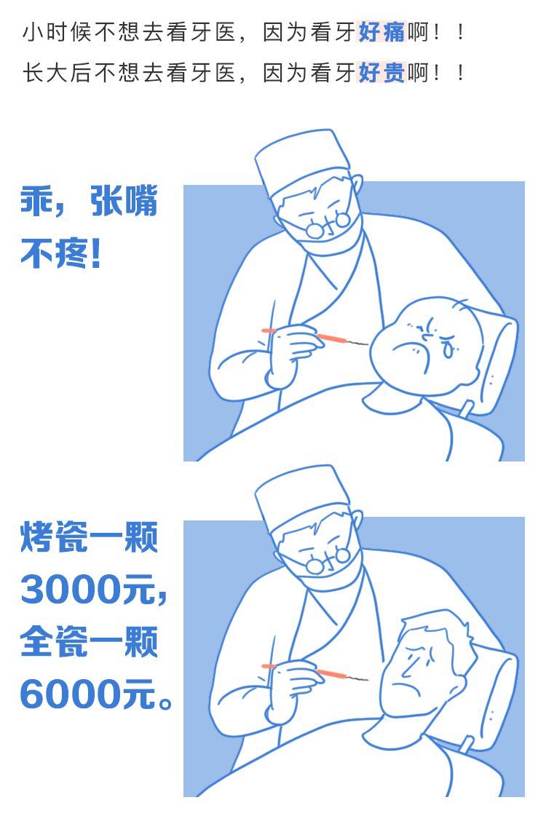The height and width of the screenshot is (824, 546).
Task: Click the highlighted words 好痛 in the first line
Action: [x=381, y=32]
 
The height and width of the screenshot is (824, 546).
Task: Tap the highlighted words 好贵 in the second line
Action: [x=381, y=72]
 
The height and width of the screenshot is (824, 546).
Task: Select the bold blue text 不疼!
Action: [x=60, y=253]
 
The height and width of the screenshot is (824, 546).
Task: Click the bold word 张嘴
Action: [x=124, y=201]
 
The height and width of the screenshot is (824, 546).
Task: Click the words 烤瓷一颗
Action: [x=90, y=537]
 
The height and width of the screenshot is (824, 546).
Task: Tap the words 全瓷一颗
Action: [x=90, y=641]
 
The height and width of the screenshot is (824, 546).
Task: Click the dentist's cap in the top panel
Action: [x=301, y=159]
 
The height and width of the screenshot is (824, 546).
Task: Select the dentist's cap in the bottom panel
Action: [x=301, y=495]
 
